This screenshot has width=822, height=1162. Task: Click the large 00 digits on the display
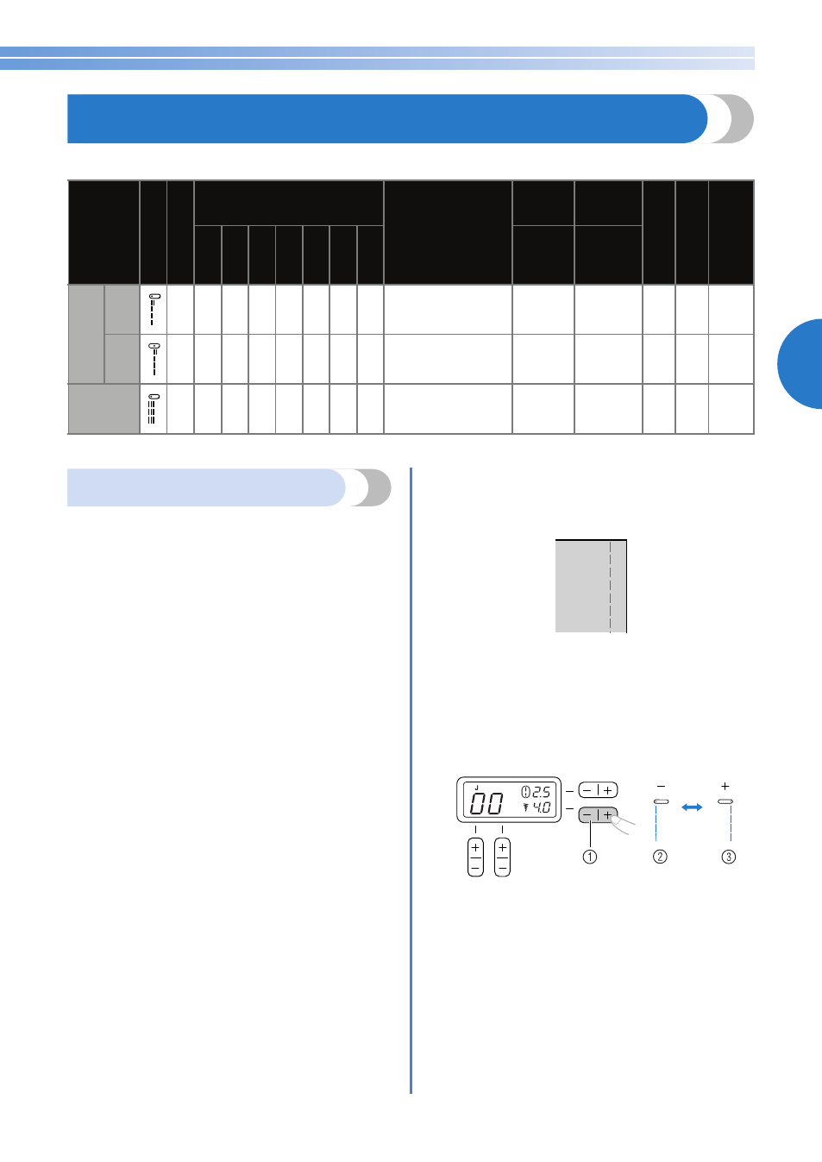[x=486, y=804]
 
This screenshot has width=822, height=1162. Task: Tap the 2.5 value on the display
[x=541, y=792]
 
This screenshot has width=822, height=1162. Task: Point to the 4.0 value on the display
[x=542, y=807]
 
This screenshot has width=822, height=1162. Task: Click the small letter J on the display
[x=477, y=788]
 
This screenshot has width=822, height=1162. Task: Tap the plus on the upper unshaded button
[x=608, y=790]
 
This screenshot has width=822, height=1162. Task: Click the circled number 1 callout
[x=590, y=857]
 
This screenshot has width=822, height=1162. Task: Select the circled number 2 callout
[x=660, y=857]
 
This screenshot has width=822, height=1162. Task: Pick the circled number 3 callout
[x=729, y=857]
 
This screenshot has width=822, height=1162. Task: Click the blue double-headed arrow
[x=692, y=807]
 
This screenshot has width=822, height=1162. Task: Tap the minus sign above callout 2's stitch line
[x=661, y=787]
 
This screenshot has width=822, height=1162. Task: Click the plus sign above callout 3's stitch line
[x=725, y=786]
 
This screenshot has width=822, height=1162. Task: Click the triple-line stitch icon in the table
[x=153, y=409]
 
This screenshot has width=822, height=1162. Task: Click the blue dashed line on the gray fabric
[x=611, y=587]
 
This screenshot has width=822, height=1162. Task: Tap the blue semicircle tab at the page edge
[x=801, y=364]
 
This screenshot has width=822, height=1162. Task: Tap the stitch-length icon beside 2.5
[x=526, y=792]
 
